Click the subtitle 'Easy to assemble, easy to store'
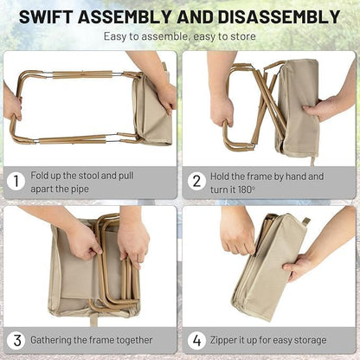[179, 37]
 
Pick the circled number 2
[197, 181]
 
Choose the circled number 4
[197, 340]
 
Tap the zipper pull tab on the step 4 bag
[304, 222]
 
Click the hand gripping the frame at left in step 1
[12, 102]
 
